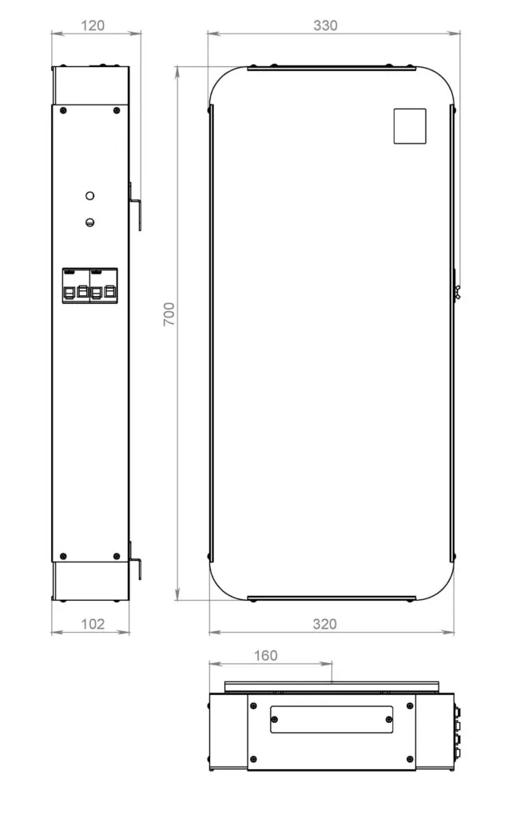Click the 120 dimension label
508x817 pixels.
(x=93, y=26)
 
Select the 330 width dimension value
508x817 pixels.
(x=325, y=26)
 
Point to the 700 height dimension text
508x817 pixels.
(x=169, y=314)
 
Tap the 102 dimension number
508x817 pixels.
(x=93, y=624)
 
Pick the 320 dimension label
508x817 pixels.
(x=324, y=624)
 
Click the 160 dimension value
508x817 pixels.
(x=265, y=656)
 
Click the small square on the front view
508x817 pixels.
(x=410, y=126)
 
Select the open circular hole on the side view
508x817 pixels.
(x=90, y=195)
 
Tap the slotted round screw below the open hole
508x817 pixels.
(x=90, y=223)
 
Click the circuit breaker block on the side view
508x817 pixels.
(x=89, y=286)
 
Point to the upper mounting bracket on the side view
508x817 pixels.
(x=136, y=206)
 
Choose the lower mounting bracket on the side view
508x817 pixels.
(x=136, y=568)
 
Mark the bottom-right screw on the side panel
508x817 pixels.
(x=117, y=556)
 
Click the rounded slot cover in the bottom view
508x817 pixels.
(x=331, y=719)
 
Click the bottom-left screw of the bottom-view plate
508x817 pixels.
(x=254, y=759)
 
